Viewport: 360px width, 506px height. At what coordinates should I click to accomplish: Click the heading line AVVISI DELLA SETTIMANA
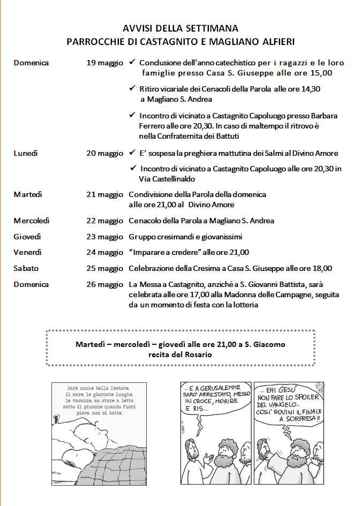point(180,28)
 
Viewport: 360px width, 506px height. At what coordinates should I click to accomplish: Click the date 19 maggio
point(105,63)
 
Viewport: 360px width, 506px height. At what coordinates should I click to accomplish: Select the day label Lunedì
point(26,153)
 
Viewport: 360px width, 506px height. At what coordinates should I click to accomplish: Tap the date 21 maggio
point(105,194)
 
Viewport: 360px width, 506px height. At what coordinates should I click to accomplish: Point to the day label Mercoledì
point(32,221)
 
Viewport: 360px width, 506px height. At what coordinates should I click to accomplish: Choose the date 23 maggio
point(105,237)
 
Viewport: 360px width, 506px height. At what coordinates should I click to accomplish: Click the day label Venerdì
point(27,252)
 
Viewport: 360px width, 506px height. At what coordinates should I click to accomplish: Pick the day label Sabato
point(26,268)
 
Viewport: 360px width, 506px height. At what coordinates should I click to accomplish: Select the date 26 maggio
point(105,284)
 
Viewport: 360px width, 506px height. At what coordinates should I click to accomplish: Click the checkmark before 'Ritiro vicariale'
point(132,89)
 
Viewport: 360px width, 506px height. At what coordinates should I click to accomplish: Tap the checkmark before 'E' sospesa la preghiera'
point(132,153)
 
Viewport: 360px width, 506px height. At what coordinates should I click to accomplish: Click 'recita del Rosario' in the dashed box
point(180,354)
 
